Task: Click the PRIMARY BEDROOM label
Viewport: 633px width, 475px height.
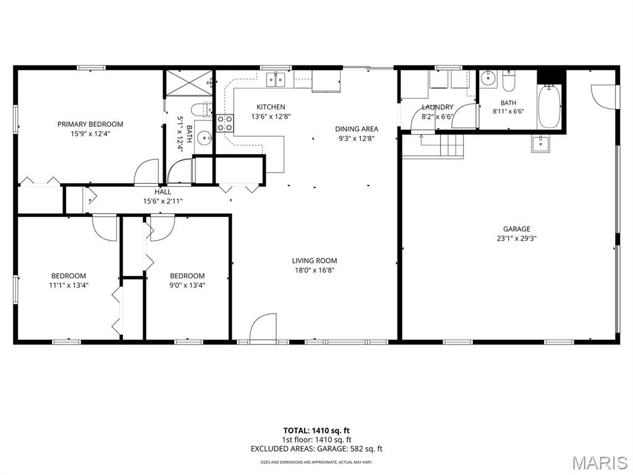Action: (90, 124)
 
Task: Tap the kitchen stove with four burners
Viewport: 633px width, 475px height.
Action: (225, 123)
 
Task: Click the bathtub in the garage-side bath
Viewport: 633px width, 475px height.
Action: (549, 106)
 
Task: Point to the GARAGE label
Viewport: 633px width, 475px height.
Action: (516, 229)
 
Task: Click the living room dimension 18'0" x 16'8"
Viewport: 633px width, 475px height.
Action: (315, 270)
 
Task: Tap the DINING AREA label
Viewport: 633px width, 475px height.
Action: (357, 129)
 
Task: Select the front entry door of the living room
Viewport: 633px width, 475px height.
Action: (263, 328)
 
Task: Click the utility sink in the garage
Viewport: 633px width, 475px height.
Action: (540, 143)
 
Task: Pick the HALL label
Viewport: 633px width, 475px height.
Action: (163, 192)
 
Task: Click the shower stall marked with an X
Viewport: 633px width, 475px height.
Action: (189, 83)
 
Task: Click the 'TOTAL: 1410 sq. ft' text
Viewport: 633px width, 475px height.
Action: (316, 430)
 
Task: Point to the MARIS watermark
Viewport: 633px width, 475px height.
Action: (600, 463)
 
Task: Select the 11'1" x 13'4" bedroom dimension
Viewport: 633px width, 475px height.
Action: (68, 285)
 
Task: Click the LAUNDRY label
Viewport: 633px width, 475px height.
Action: (438, 107)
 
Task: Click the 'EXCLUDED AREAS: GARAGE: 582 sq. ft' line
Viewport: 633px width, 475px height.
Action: (316, 449)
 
